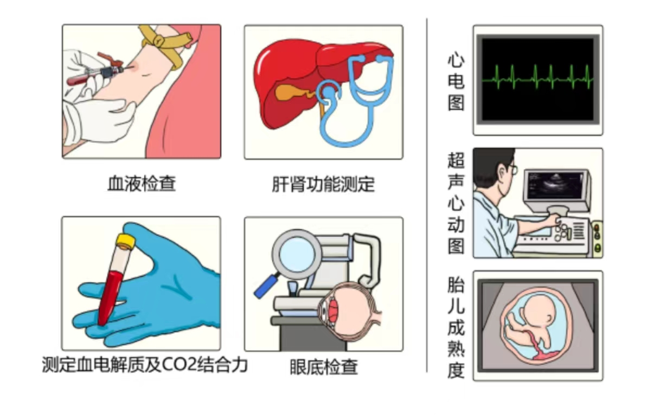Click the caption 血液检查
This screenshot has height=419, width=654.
[x=142, y=184]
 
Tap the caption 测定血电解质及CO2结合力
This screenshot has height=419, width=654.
[x=145, y=365]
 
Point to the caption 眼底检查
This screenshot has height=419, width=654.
[x=324, y=367]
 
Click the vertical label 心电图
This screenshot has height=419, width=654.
[x=456, y=81]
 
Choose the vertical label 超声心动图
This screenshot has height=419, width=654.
[x=456, y=203]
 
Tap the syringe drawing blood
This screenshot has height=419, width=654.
[x=95, y=73]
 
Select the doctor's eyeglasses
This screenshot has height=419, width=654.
[x=512, y=170]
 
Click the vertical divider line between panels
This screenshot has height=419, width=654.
[x=427, y=195]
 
